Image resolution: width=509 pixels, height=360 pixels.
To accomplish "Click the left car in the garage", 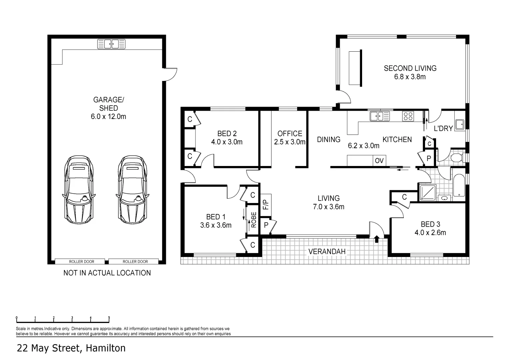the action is click(79, 190).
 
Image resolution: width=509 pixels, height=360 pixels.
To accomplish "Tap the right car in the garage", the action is click(133, 190).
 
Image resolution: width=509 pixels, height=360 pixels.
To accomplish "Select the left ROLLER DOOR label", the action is click(82, 262).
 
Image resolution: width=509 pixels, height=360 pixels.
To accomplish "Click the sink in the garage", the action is click(111, 44).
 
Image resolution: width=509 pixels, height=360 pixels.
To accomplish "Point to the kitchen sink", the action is click(379, 116).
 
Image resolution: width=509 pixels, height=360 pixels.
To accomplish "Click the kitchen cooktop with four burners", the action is click(408, 116).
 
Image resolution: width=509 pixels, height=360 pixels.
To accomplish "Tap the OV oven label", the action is click(379, 161).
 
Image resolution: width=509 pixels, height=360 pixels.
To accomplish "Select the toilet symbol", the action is click(457, 157).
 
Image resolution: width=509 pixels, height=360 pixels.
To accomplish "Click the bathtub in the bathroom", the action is click(459, 185).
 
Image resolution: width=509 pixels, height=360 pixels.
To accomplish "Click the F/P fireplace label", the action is click(265, 205).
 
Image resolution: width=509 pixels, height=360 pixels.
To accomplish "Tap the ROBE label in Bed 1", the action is click(254, 220).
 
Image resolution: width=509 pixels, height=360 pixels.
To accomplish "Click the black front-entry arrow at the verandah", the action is click(376, 239).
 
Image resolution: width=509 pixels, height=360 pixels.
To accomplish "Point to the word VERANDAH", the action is click(327, 252).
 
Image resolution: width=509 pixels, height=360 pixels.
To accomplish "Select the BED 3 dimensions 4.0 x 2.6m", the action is click(430, 233).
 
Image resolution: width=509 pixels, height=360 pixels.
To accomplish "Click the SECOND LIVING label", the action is click(410, 68).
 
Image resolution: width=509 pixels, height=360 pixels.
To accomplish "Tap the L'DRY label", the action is click(443, 128).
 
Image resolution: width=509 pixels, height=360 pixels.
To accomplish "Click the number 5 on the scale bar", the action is click(109, 318).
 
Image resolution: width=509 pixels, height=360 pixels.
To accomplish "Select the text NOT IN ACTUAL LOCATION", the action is click(107, 273).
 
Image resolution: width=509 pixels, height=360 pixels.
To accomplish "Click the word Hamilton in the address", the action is click(106, 348).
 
